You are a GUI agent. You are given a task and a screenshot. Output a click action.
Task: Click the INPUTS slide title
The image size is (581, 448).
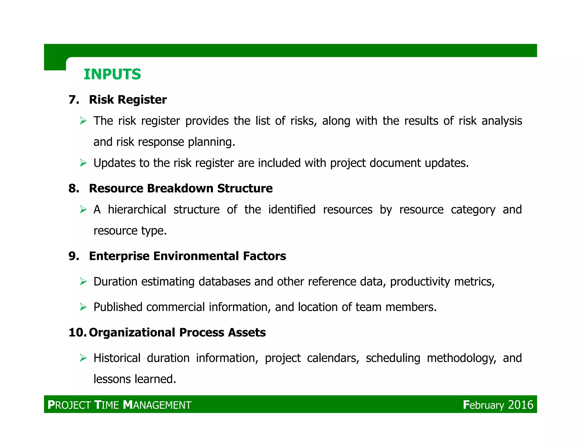[112, 74]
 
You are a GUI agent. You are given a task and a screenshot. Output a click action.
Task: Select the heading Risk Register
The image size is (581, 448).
[128, 100]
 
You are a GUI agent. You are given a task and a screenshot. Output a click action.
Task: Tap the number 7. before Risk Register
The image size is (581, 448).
[74, 100]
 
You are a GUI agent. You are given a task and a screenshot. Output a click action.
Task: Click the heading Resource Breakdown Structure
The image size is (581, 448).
[181, 188]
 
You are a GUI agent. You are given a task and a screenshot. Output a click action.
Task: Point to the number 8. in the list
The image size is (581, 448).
[74, 188]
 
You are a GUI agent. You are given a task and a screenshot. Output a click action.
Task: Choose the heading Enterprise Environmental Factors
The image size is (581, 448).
[187, 256]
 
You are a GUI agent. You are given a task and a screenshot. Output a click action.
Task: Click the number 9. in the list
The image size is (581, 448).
[74, 256]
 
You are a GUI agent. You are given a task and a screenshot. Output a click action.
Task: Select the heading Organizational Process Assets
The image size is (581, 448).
[177, 332]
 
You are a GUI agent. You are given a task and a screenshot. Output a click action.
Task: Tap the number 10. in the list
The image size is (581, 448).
[77, 332]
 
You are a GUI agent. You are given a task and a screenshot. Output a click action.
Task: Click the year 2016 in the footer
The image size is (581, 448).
[521, 405]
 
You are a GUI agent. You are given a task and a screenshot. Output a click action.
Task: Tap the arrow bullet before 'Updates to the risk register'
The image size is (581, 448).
[83, 163]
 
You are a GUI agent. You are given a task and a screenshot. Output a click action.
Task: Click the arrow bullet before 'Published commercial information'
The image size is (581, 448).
[83, 307]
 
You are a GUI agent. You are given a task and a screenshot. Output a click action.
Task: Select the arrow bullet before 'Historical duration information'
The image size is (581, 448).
[83, 358]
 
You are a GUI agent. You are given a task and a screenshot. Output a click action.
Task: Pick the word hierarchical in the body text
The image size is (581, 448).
[137, 210]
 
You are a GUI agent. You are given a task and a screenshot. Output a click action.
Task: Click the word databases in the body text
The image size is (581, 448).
[224, 281]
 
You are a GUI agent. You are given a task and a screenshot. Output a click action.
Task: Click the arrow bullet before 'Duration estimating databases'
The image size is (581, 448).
[83, 281]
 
